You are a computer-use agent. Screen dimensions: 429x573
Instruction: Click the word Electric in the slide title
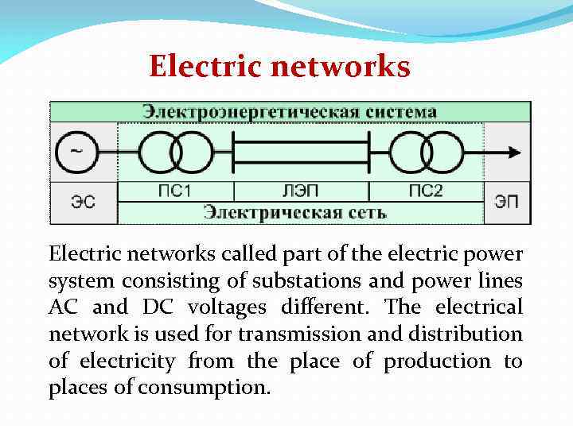[x=207, y=67]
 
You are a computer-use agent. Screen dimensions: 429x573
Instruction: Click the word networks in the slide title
[x=341, y=67]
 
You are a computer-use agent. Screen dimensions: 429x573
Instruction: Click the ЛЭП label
[x=301, y=191]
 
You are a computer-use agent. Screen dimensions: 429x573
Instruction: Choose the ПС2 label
[x=426, y=191]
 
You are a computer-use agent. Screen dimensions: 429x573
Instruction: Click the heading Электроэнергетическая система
[x=290, y=111]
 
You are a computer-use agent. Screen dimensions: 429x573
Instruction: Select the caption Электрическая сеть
[x=294, y=212]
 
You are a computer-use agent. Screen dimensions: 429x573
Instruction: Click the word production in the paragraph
[x=437, y=361]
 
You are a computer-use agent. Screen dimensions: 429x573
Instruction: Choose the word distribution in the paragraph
[x=477, y=334]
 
